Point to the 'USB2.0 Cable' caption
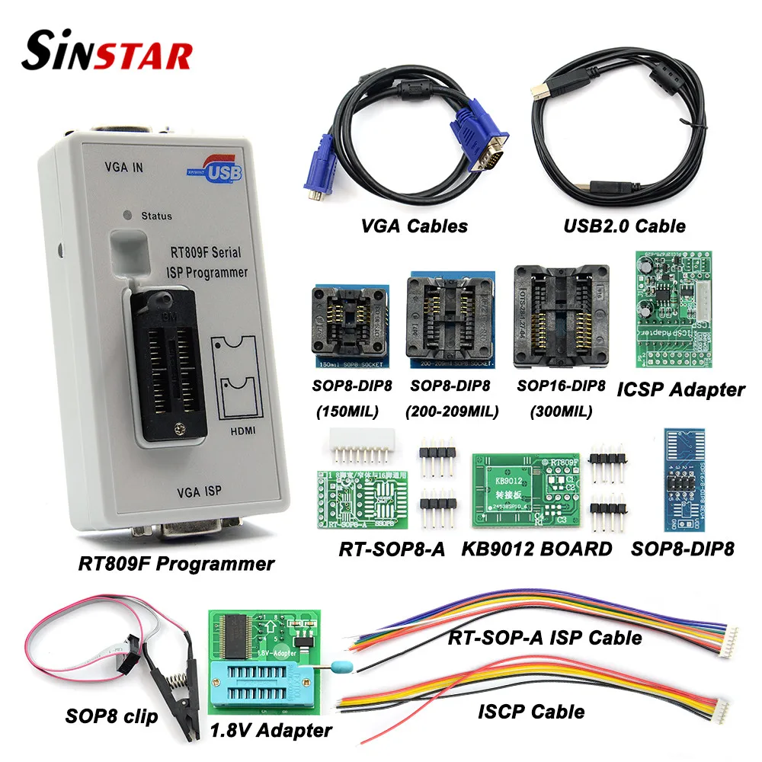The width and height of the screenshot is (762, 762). [626, 226]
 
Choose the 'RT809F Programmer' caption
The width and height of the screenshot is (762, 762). [175, 565]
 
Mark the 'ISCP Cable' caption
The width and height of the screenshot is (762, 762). [531, 712]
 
